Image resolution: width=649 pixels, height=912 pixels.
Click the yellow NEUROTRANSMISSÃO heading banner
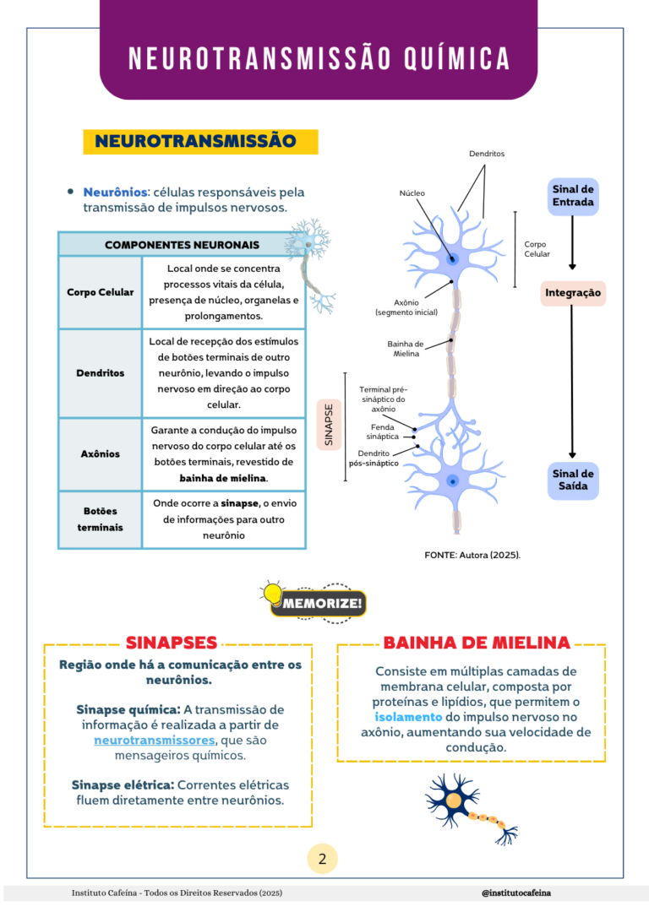(x=200, y=141)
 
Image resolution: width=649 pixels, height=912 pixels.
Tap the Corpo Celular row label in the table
(x=100, y=292)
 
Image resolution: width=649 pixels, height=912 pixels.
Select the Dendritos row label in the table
(x=100, y=373)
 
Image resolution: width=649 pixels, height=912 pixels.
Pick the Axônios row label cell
(x=100, y=454)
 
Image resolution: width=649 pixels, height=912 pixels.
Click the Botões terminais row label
(x=100, y=519)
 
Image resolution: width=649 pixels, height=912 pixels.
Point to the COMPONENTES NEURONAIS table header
(x=182, y=245)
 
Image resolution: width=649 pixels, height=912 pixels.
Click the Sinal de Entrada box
(x=573, y=196)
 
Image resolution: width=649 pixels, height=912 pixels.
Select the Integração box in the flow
(x=573, y=293)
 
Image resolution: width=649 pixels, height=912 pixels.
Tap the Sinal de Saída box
(x=573, y=480)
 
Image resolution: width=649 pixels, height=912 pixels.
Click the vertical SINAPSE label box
(x=329, y=424)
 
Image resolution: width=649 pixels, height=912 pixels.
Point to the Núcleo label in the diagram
(x=412, y=193)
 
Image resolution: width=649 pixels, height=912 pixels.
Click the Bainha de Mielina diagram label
(x=406, y=349)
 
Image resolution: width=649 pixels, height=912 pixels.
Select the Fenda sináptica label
(x=382, y=432)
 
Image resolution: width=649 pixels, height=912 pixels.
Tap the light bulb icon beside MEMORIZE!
(x=272, y=594)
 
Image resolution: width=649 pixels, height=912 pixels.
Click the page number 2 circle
(x=322, y=860)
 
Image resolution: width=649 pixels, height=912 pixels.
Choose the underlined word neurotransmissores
(x=155, y=741)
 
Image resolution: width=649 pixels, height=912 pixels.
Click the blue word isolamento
(x=408, y=717)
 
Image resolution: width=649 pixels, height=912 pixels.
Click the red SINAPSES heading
(x=172, y=643)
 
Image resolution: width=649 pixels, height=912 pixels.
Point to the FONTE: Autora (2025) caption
(x=472, y=555)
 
